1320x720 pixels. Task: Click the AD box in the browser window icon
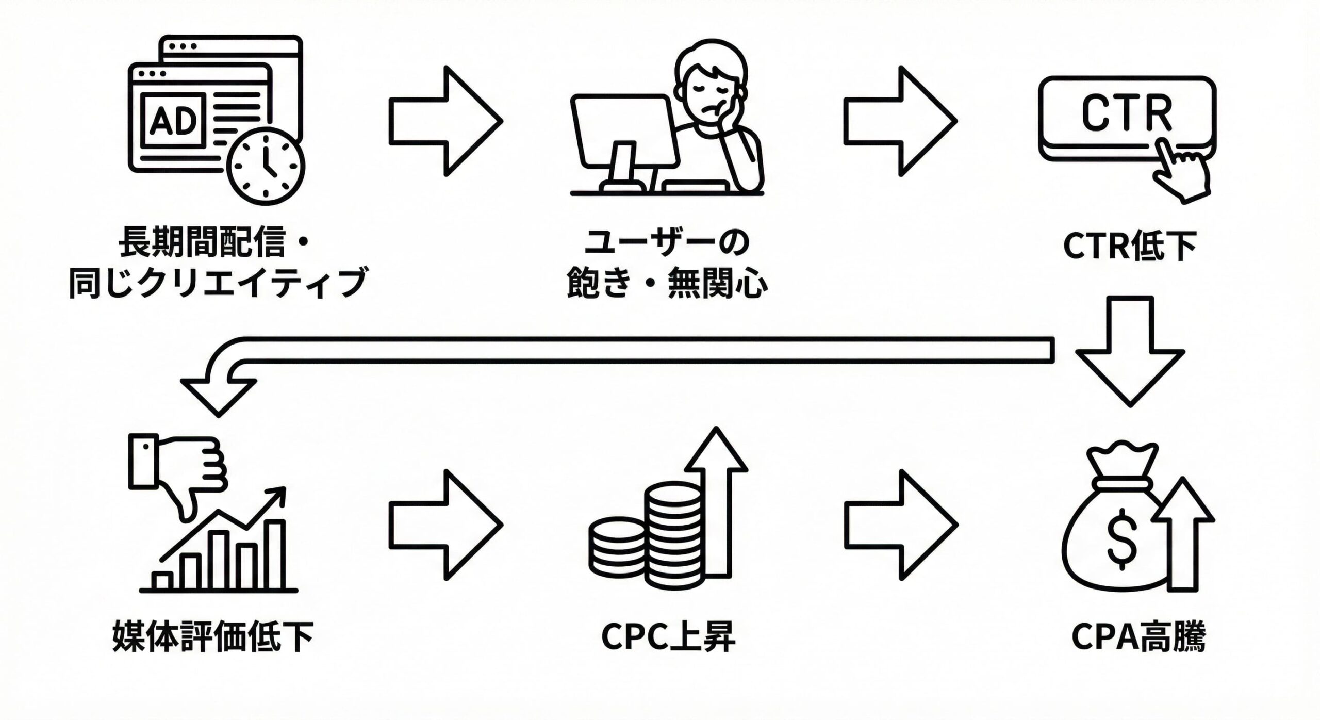pyautogui.click(x=174, y=121)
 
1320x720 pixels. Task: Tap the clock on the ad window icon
pyautogui.click(x=266, y=166)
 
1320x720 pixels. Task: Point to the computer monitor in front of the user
pyautogui.click(x=624, y=131)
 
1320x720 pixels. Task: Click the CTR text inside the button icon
pyautogui.click(x=1127, y=113)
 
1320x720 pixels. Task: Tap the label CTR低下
pyautogui.click(x=1130, y=247)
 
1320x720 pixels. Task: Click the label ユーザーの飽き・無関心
pyautogui.click(x=667, y=263)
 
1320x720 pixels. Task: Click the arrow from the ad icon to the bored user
pyautogui.click(x=445, y=121)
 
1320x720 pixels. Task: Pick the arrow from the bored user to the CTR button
pyautogui.click(x=900, y=121)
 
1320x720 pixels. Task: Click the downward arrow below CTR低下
pyautogui.click(x=1130, y=351)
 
